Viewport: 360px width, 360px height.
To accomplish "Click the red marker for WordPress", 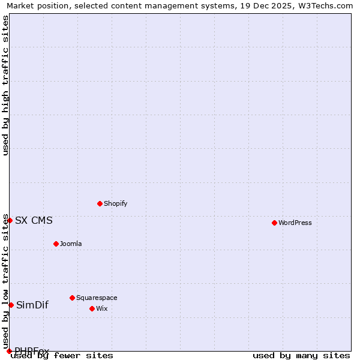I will click(274, 223).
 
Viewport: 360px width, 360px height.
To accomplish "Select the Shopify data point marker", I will click(100, 203).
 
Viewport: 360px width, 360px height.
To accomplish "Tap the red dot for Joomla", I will click(56, 244).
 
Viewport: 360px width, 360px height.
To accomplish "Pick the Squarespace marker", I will click(72, 298).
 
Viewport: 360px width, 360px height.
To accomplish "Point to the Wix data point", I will click(92, 308).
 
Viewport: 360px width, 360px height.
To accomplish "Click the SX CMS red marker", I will click(10, 220).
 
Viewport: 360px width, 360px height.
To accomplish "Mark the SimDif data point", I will click(11, 305).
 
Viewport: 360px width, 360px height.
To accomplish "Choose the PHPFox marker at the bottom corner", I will click(9, 351).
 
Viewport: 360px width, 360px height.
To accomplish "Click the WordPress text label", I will click(295, 223).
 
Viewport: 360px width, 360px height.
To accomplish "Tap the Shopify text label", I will click(116, 203).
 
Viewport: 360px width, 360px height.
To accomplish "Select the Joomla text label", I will click(71, 244).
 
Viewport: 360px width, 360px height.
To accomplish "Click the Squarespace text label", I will click(97, 298).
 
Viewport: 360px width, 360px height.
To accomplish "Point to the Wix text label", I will click(102, 308).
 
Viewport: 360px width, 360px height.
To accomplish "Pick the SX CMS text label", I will click(34, 220).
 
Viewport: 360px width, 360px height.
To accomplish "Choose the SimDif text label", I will click(32, 305).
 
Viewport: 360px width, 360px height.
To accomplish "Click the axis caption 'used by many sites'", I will click(301, 356).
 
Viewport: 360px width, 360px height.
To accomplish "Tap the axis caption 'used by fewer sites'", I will click(62, 356).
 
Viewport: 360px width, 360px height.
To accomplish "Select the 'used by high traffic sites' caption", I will click(6, 85).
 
